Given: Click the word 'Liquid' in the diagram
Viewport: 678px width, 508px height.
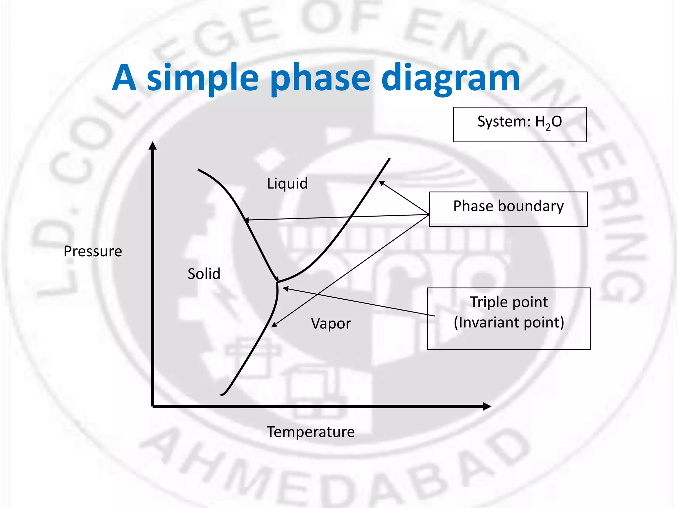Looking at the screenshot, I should [287, 184].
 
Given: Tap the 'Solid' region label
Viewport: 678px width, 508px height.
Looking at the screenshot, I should [204, 274].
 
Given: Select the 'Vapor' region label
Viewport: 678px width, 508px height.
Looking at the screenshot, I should [331, 323].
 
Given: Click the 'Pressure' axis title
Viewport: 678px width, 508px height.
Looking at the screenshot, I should [93, 251].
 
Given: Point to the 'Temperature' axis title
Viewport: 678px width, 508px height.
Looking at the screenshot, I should [311, 432].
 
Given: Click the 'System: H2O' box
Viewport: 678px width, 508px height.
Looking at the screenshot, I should [519, 124].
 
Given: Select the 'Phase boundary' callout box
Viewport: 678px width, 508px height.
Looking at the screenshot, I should [508, 209].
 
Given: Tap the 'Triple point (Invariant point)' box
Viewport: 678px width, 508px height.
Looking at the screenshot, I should [508, 318].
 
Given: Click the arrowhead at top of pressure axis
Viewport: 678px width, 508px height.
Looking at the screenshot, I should [153, 146].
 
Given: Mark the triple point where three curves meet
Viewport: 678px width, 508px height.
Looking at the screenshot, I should [277, 282].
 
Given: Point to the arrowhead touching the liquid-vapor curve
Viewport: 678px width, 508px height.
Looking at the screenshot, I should [381, 183].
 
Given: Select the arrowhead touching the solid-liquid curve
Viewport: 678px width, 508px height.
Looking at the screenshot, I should [246, 220].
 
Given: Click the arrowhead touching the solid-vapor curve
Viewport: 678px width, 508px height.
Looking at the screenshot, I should [274, 325].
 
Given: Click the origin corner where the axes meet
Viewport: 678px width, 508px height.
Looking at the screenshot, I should [153, 406].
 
